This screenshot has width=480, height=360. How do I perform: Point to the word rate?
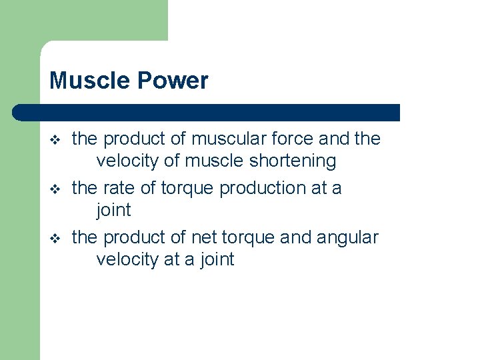(118, 188)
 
